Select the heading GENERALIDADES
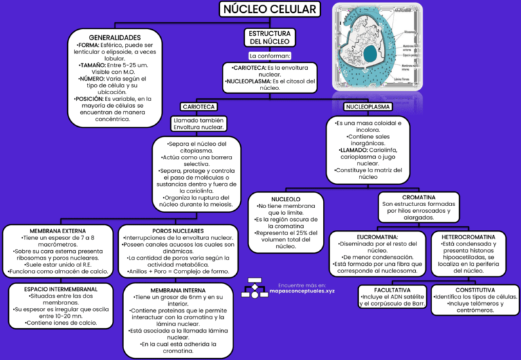(x=115, y=37)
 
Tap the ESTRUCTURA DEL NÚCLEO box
(x=269, y=37)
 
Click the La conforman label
(x=269, y=56)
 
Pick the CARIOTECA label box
(x=199, y=107)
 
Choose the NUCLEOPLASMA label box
(x=368, y=107)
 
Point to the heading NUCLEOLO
(x=286, y=199)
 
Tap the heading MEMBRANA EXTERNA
(x=58, y=231)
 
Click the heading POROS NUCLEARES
(x=178, y=231)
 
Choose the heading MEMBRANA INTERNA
(x=178, y=290)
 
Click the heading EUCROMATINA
(x=377, y=237)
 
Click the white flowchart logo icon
(x=254, y=287)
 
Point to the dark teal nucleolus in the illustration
(x=370, y=52)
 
